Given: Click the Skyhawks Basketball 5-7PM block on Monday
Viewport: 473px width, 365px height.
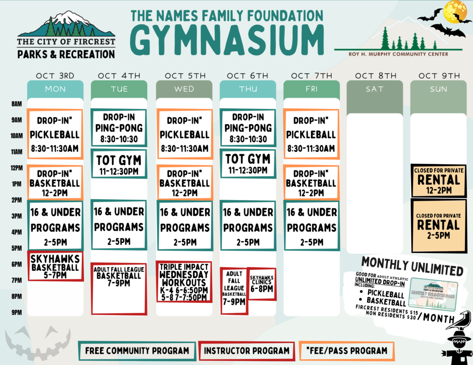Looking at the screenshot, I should point(55,266).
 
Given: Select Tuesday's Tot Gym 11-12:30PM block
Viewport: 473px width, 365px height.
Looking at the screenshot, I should point(119,163).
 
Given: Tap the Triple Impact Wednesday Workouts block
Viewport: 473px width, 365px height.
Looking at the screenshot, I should point(184,281).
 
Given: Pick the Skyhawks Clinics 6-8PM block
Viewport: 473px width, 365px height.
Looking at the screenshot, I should point(261,283).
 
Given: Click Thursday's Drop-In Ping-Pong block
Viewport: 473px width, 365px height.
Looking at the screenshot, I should point(248,128).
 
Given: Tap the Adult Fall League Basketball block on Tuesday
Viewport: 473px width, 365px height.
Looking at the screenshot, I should point(119,288).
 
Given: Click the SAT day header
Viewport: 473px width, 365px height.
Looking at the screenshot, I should point(374,89).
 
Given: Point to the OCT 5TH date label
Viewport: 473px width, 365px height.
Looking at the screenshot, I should point(184,76).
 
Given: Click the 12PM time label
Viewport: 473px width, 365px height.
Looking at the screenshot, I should point(16,168).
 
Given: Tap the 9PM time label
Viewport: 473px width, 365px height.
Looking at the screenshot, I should point(16,312).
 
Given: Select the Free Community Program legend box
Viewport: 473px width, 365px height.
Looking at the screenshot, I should point(137,351).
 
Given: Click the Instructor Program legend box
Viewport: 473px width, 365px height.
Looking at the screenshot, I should point(246,351).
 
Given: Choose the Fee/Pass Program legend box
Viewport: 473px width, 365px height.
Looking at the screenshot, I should point(346,351).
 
